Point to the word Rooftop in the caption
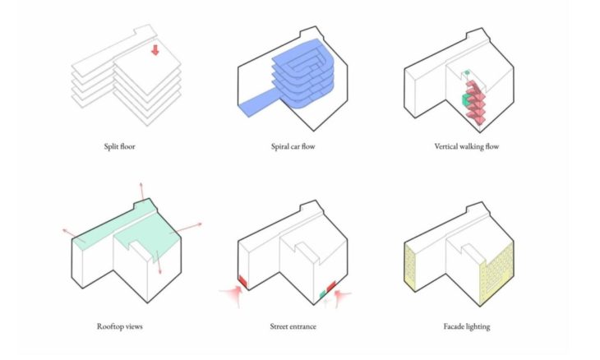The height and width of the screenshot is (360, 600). pyautogui.click(x=111, y=326)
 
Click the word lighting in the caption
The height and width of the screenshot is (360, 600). pyautogui.click(x=478, y=326)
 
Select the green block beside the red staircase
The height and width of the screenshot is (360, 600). pyautogui.click(x=468, y=99)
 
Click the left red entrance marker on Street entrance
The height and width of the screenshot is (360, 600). pyautogui.click(x=242, y=281)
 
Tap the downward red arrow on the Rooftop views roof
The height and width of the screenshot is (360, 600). pyautogui.click(x=159, y=267)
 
